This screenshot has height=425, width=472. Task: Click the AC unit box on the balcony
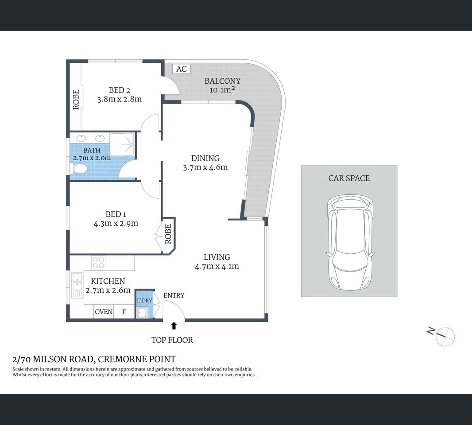pyautogui.click(x=181, y=69)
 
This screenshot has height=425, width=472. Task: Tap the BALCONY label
pyautogui.click(x=222, y=81)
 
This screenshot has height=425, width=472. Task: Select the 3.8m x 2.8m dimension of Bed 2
pyautogui.click(x=119, y=99)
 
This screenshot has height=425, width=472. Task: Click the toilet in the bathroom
pyautogui.click(x=79, y=169)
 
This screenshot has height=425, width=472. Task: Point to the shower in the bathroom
pyautogui.click(x=122, y=143)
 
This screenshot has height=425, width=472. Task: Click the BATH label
pyautogui.click(x=92, y=151)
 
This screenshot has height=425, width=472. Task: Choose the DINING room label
pyautogui.click(x=205, y=158)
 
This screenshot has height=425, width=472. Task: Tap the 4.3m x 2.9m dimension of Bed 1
pyautogui.click(x=116, y=224)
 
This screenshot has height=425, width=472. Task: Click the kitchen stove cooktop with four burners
pyautogui.click(x=98, y=263)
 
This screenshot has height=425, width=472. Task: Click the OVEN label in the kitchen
pyautogui.click(x=104, y=312)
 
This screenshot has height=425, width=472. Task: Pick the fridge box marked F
pyautogui.click(x=124, y=312)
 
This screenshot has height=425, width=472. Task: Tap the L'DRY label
pyautogui.click(x=144, y=301)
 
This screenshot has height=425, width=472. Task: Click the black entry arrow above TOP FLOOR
pyautogui.click(x=174, y=326)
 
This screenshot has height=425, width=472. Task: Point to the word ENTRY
pyautogui.click(x=174, y=295)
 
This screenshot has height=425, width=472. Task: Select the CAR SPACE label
pyautogui.click(x=349, y=178)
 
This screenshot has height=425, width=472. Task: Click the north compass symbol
pyautogui.click(x=444, y=336)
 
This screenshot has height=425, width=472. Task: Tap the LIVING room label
pyautogui.click(x=217, y=257)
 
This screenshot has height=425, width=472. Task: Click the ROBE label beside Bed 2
pyautogui.click(x=76, y=100)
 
